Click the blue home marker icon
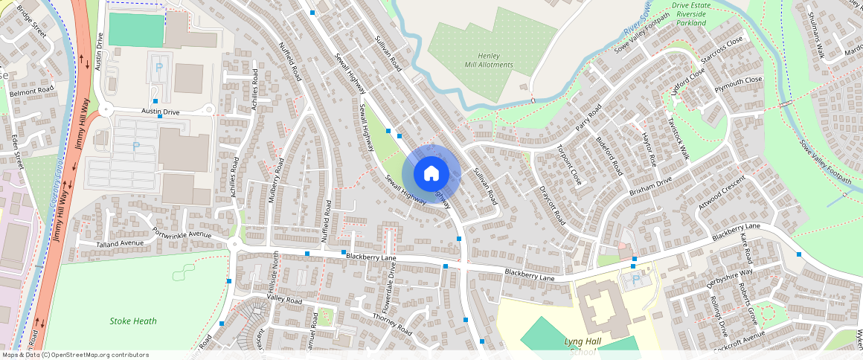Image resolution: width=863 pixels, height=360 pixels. point(431,173)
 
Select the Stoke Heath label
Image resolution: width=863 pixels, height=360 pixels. point(133,321)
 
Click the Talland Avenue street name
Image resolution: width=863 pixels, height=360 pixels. point(120,243)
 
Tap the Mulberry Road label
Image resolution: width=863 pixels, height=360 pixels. point(275,181)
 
